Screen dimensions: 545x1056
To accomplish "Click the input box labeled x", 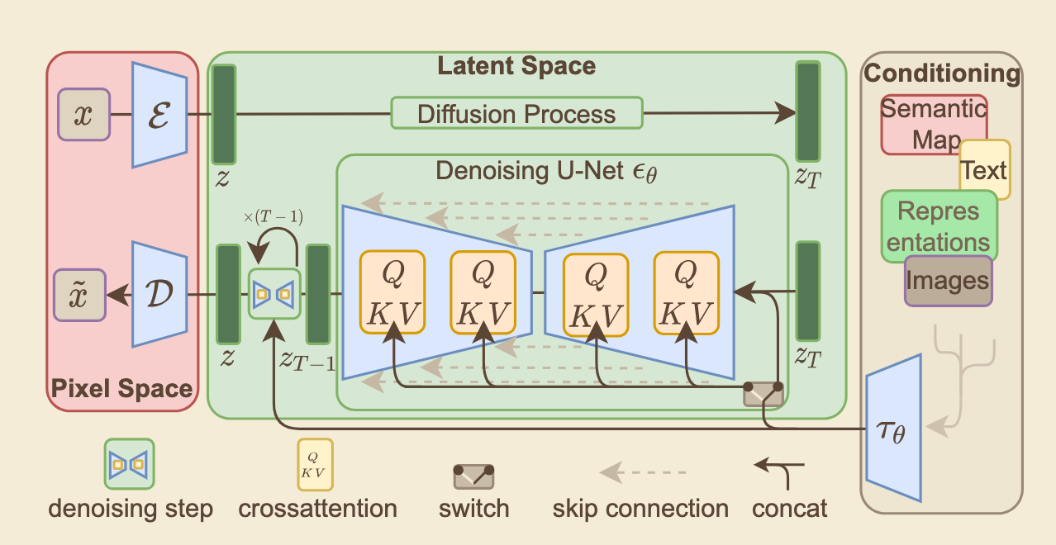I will coord(83,115).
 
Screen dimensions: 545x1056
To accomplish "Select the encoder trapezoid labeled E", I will coord(159,115).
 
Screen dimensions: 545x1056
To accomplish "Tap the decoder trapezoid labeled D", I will coord(159,294).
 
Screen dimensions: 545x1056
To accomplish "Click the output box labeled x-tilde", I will coord(80,294).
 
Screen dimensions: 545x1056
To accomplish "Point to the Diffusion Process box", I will coord(516,113).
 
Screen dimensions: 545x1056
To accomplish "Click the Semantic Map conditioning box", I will coord(932,124).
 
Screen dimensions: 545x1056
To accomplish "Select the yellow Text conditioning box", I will coord(985,170).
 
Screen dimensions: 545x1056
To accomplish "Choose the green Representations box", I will coord(939,226).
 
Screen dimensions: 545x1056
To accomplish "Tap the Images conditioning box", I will coord(948,281).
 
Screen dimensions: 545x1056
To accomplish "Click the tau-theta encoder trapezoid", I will coord(893,429).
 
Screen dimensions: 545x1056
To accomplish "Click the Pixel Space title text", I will coord(122,388).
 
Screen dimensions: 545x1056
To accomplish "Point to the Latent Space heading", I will coord(516,66).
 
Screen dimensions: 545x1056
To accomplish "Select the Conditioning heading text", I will coord(942,73).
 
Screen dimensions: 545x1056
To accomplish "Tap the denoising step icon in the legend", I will coord(129,465).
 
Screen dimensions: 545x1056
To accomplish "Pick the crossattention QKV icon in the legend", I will coord(316,465).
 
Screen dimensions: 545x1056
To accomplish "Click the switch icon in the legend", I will coord(474,476).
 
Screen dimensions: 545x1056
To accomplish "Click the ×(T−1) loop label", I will coord(273,218).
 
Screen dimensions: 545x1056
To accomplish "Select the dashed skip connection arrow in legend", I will coord(640,472).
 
